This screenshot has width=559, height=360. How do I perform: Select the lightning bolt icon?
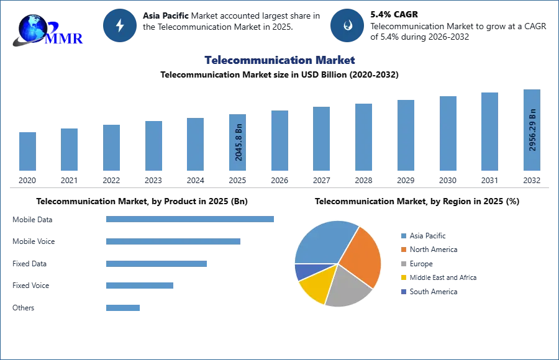(x=120, y=25)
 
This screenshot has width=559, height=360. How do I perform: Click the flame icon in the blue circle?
(x=347, y=25)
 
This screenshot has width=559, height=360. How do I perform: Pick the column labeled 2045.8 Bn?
(x=238, y=143)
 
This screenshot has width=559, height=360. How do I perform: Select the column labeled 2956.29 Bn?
(x=531, y=131)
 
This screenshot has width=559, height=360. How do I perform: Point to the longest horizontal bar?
(x=191, y=218)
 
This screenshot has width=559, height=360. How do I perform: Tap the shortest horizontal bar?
(x=124, y=308)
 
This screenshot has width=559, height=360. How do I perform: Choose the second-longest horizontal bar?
(x=173, y=243)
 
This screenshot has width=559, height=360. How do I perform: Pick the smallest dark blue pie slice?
(x=302, y=271)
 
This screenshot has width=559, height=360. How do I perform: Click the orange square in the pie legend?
(x=403, y=250)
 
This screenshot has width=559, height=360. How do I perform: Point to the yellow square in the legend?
(x=403, y=278)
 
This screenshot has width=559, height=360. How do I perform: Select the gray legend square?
(x=403, y=264)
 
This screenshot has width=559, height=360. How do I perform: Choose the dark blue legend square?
(x=403, y=292)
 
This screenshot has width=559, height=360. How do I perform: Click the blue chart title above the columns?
(x=280, y=60)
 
